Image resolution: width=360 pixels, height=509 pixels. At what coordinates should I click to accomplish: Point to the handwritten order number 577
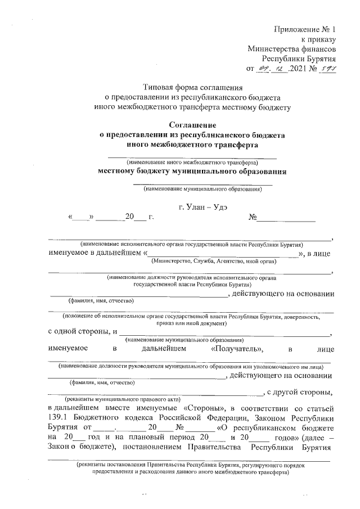327,69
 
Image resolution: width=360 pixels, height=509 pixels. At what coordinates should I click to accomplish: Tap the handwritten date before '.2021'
272,69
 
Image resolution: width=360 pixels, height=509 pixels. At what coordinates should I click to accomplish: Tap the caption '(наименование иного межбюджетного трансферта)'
192,163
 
